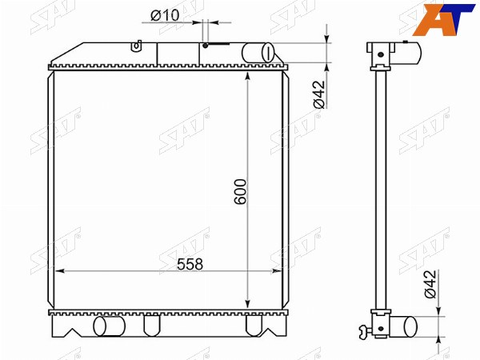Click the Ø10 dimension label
pyautogui.click(x=165, y=15)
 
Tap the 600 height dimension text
pyautogui.click(x=240, y=192)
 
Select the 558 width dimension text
pyautogui.click(x=190, y=264)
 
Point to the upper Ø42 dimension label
pyautogui.click(x=319, y=94)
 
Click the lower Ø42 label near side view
pyautogui.click(x=430, y=284)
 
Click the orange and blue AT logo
pyautogui.click(x=443, y=19)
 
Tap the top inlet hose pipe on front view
pyautogui.click(x=258, y=53)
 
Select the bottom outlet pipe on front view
pyautogui.click(x=110, y=326)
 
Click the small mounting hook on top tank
pyautogui.click(x=137, y=46)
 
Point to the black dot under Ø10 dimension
pyautogui.click(x=206, y=46)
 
